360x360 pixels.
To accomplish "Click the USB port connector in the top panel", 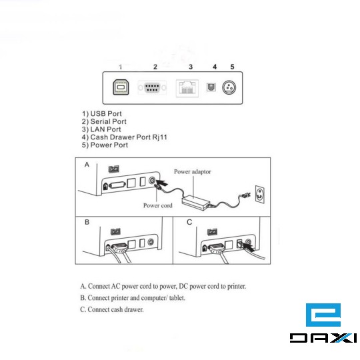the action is (x=121, y=87).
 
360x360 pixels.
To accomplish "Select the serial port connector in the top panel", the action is (x=152, y=87).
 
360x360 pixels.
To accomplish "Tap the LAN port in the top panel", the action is (x=187, y=88).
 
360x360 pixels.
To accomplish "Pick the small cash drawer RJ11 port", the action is (x=211, y=87).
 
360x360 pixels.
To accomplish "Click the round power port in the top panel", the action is (x=229, y=87).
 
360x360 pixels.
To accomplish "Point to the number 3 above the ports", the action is (x=191, y=67).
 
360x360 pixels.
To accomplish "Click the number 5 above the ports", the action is (x=232, y=67).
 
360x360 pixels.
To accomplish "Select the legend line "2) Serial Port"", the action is (x=104, y=121).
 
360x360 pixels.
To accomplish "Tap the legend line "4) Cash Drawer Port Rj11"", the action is (x=125, y=137).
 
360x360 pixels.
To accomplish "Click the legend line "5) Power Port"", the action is (x=105, y=145).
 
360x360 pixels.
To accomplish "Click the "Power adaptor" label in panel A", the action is (x=193, y=171).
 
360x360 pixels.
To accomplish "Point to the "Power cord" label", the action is (x=158, y=205).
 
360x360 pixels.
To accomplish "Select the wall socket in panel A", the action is (x=260, y=194).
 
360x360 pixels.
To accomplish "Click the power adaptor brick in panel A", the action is (x=196, y=202).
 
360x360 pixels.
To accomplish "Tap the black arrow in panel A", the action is (x=162, y=183).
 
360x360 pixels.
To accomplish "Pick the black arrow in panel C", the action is (x=249, y=247).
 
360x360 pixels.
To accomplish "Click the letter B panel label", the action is (x=87, y=222).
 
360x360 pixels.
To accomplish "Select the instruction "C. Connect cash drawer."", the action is (x=112, y=309).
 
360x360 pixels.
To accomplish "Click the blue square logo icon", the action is (x=323, y=315).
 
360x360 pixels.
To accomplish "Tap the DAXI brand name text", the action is (x=323, y=338).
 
